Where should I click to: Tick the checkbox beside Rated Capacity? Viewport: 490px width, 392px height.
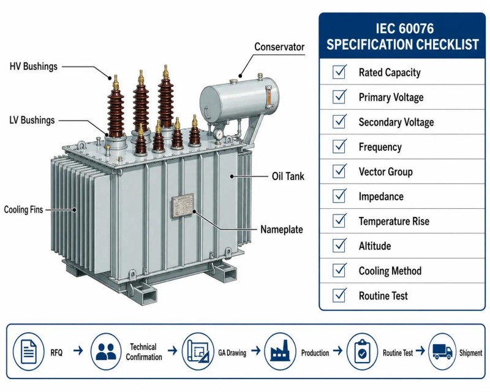point(339,72)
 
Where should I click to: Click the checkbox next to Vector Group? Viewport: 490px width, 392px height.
point(339,171)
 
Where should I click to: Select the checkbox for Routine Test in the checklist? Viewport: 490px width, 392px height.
point(339,295)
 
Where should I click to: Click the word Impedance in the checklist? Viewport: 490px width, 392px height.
point(381,197)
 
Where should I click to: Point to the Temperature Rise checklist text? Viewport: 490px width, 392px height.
point(394,221)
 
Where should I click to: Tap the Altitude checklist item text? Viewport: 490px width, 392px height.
point(375,246)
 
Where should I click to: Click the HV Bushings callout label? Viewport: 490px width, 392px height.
point(34,66)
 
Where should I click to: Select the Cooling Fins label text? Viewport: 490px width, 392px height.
point(23,209)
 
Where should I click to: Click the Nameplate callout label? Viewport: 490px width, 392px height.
point(282,230)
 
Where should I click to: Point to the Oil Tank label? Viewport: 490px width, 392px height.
point(288,176)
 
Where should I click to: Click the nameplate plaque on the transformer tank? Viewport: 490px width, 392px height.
point(183,205)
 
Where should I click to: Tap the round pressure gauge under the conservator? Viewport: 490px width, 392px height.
point(219,135)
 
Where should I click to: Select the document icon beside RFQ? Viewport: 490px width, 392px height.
point(28,352)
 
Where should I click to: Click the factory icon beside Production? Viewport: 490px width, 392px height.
point(280,352)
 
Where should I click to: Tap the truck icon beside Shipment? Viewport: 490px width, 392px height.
point(442,352)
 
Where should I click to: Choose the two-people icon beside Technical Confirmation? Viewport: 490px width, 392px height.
point(106,352)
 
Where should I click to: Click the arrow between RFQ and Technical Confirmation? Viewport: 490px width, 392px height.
point(78,351)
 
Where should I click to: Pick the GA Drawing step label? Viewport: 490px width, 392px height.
point(232,353)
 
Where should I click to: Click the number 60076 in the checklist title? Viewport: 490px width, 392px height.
point(417,28)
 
